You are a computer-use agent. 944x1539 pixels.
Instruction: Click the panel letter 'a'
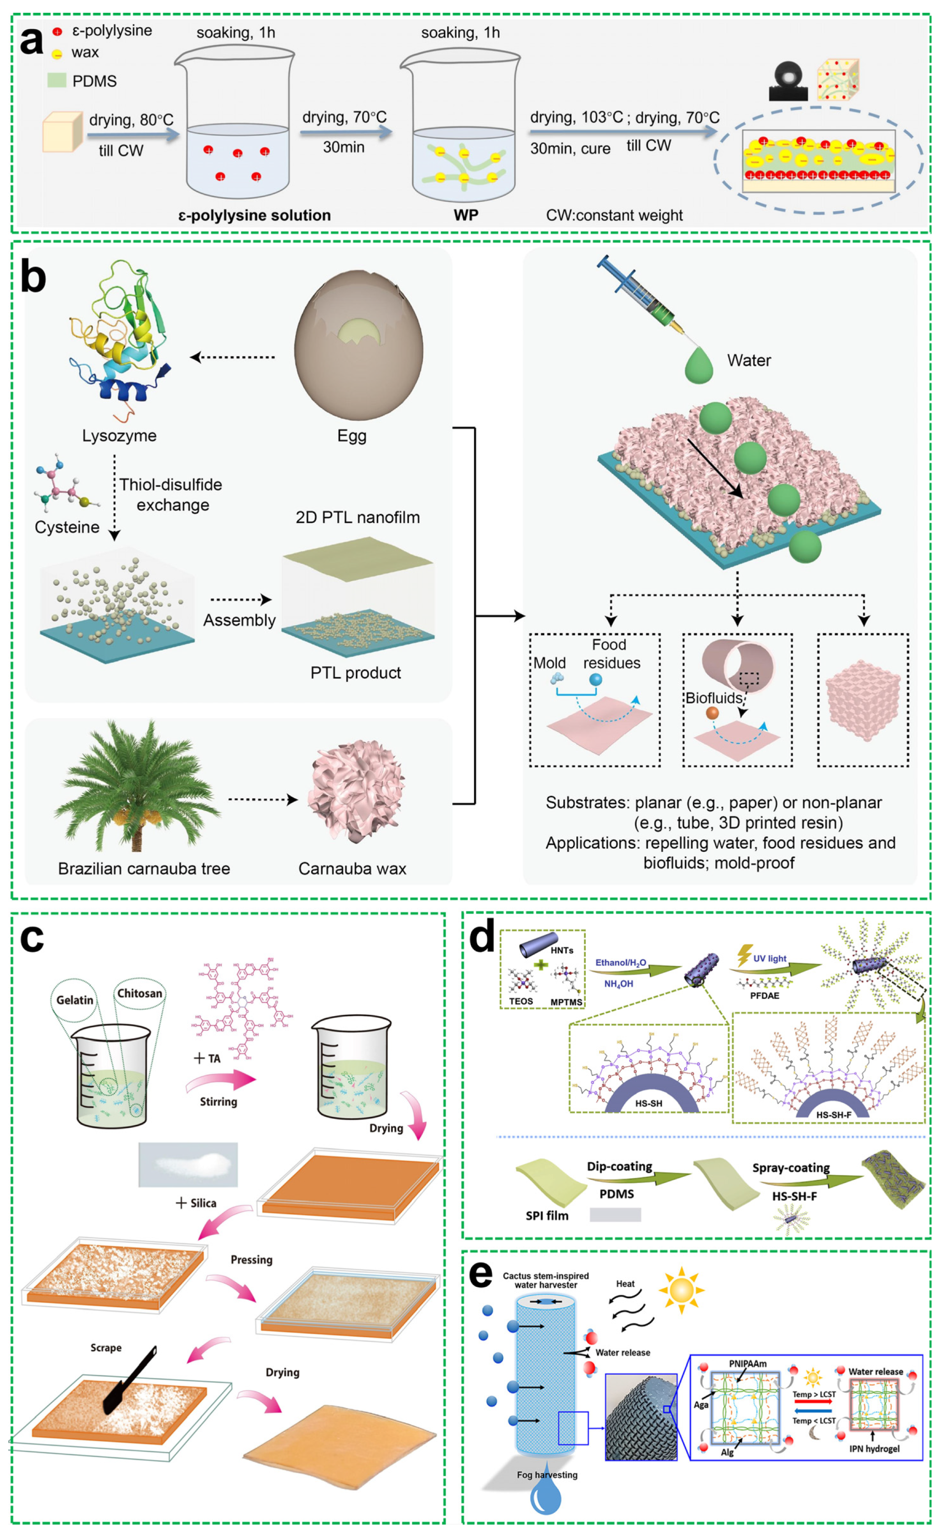[31, 42]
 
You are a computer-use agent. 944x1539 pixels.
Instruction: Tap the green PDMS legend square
[57, 80]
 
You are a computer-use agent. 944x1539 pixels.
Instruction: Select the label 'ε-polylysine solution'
[254, 215]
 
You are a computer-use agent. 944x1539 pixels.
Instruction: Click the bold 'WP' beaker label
[466, 215]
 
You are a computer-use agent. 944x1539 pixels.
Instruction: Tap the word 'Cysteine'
[67, 527]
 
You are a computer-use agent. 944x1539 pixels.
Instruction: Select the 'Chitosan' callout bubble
[139, 993]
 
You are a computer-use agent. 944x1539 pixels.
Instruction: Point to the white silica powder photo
[188, 1164]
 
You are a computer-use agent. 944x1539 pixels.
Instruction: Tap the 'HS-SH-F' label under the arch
[834, 1115]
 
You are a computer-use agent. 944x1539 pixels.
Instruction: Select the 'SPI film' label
[547, 1216]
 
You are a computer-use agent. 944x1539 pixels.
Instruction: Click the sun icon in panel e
[681, 1290]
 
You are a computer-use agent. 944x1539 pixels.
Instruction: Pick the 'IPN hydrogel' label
[874, 1449]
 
